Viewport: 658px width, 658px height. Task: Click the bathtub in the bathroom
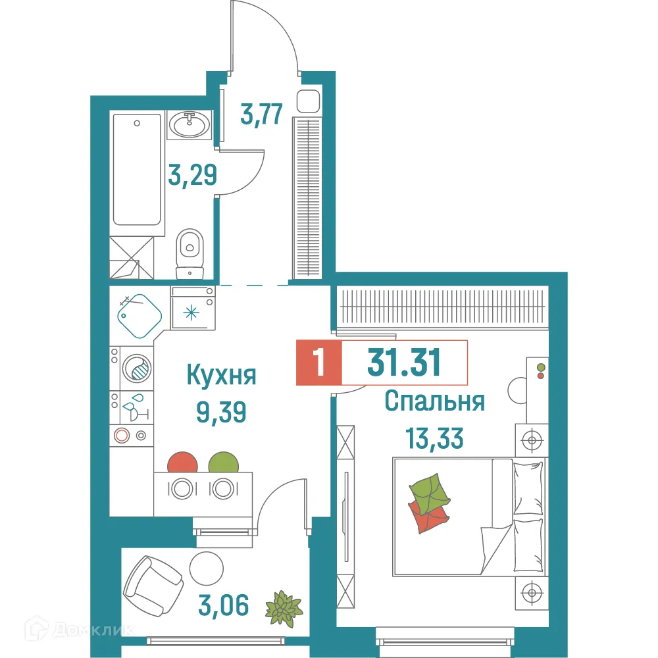tap(137, 170)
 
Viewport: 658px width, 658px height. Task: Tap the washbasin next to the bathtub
tap(190, 123)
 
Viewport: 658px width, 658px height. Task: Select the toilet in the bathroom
tap(191, 250)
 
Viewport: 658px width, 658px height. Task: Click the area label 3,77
tap(262, 114)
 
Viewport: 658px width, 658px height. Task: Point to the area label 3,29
tap(191, 176)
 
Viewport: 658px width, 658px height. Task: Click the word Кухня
tap(221, 376)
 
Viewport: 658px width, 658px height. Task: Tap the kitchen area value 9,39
tap(221, 413)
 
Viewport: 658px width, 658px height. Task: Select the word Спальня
tap(435, 401)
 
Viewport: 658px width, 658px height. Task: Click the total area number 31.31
tap(403, 362)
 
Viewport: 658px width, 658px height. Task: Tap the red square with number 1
tap(320, 362)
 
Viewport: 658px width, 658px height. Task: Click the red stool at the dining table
tap(183, 462)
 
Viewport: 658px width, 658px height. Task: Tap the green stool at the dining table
tap(222, 462)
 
